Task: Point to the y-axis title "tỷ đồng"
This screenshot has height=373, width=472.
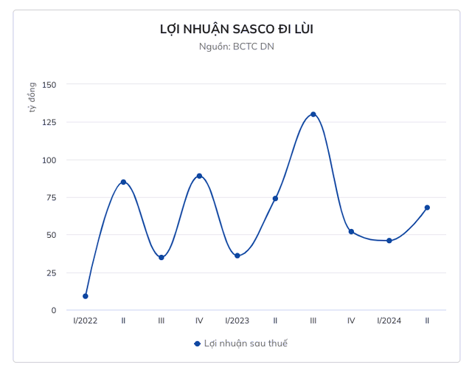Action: coord(32,97)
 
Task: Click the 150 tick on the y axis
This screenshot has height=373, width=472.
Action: coord(49,84)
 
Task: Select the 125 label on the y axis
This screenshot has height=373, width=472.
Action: coord(49,122)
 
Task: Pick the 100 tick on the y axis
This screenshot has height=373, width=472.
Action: coord(49,160)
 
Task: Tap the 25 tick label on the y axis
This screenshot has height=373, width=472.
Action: coord(51,273)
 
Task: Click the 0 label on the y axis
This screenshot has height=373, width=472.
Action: coord(53,310)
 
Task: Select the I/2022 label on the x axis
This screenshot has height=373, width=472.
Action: coord(86,321)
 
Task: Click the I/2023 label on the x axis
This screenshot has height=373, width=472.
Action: coord(237,321)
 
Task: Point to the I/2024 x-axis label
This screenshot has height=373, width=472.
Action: coord(389,321)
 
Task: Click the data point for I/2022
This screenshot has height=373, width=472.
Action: coord(86,296)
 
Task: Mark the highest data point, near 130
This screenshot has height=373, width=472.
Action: coord(313,114)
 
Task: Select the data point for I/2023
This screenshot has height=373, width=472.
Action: coord(237,256)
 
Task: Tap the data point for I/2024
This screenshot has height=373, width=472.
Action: coord(389,241)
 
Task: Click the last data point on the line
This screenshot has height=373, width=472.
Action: coord(427,208)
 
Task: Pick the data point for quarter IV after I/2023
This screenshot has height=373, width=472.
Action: coord(351,232)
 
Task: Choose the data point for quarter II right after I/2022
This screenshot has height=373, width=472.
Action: coord(123,182)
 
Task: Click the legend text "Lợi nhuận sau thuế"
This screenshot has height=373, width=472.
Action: coord(246,343)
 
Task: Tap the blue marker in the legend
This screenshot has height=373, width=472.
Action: coord(197,343)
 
